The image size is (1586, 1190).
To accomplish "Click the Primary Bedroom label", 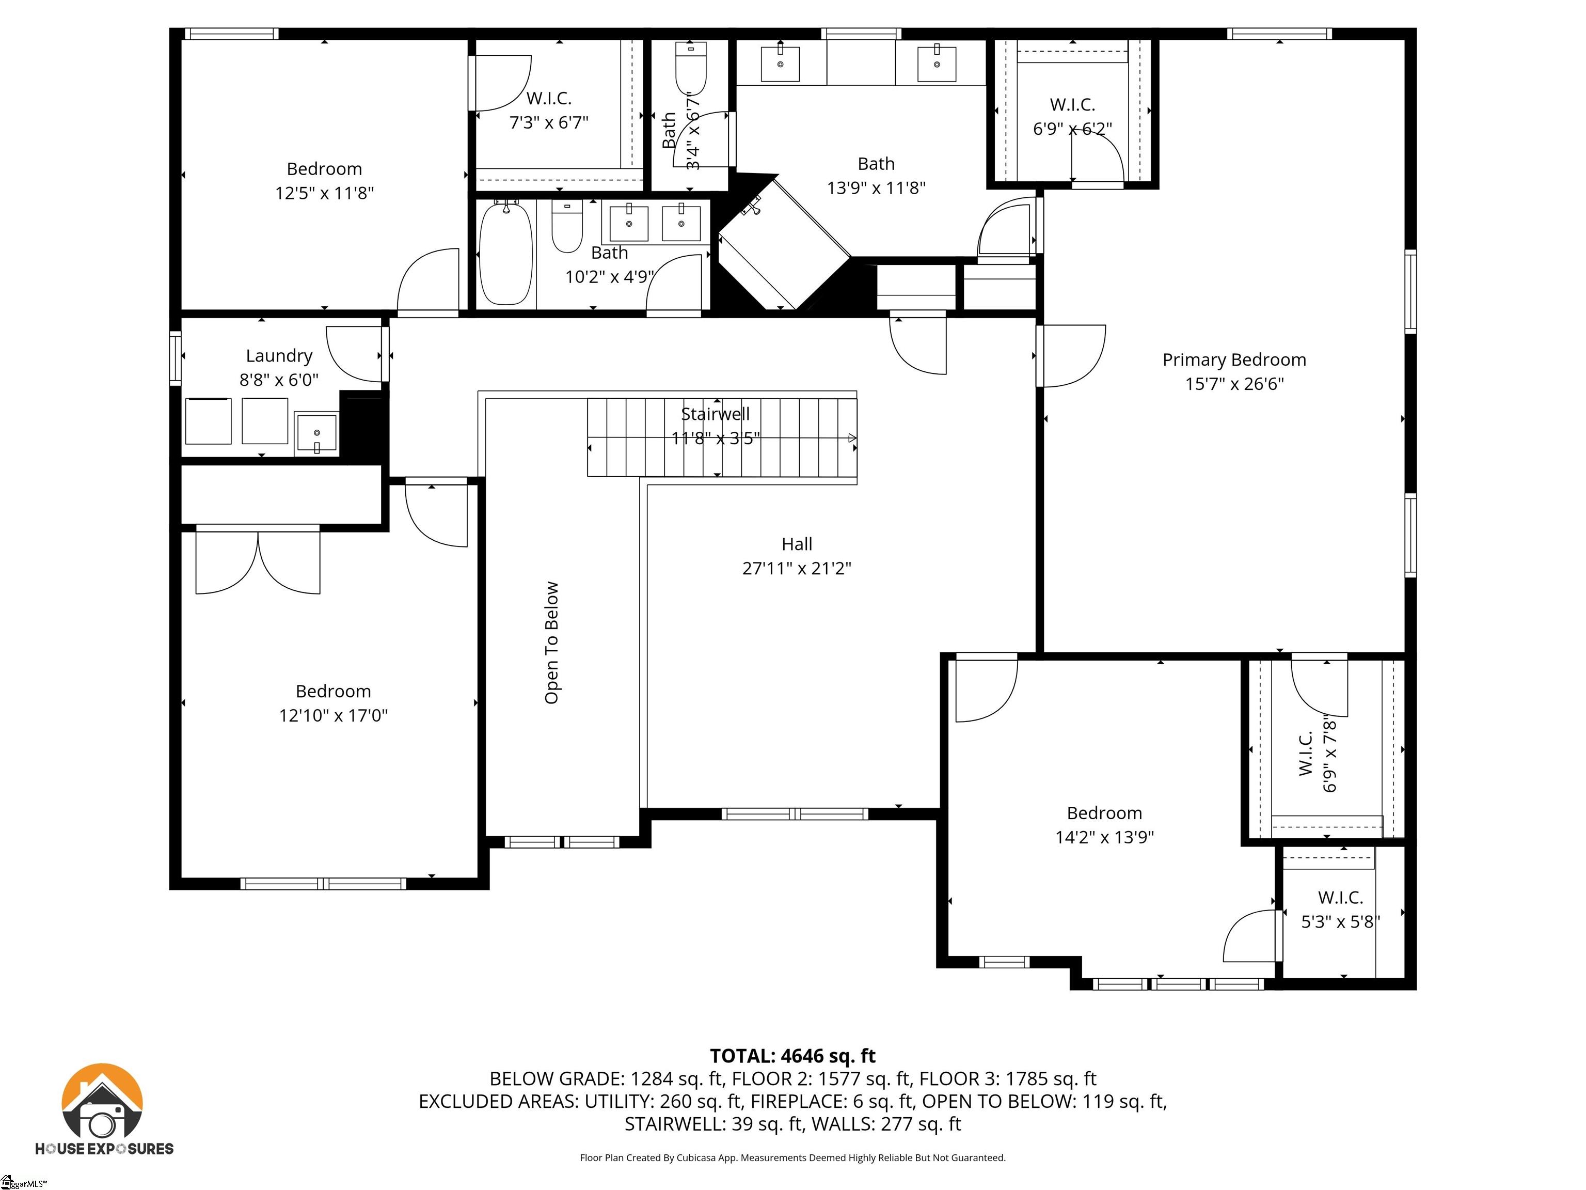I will [x=1233, y=359].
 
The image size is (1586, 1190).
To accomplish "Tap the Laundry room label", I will [x=279, y=356].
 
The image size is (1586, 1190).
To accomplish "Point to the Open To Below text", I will [x=551, y=642].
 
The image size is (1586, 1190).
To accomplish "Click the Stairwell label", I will [x=715, y=414].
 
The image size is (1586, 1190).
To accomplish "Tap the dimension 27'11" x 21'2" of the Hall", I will [x=796, y=568].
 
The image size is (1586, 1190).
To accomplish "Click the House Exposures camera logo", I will [x=103, y=1109].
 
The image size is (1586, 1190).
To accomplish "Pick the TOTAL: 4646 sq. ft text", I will [x=792, y=1056].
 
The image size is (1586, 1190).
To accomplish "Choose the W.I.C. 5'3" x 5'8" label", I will [x=1340, y=910].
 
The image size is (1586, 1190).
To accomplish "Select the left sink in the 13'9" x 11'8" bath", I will [x=780, y=63].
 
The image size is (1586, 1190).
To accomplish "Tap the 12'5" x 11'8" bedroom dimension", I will [x=324, y=193].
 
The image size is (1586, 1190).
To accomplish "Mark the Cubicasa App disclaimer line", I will [x=792, y=1158].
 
